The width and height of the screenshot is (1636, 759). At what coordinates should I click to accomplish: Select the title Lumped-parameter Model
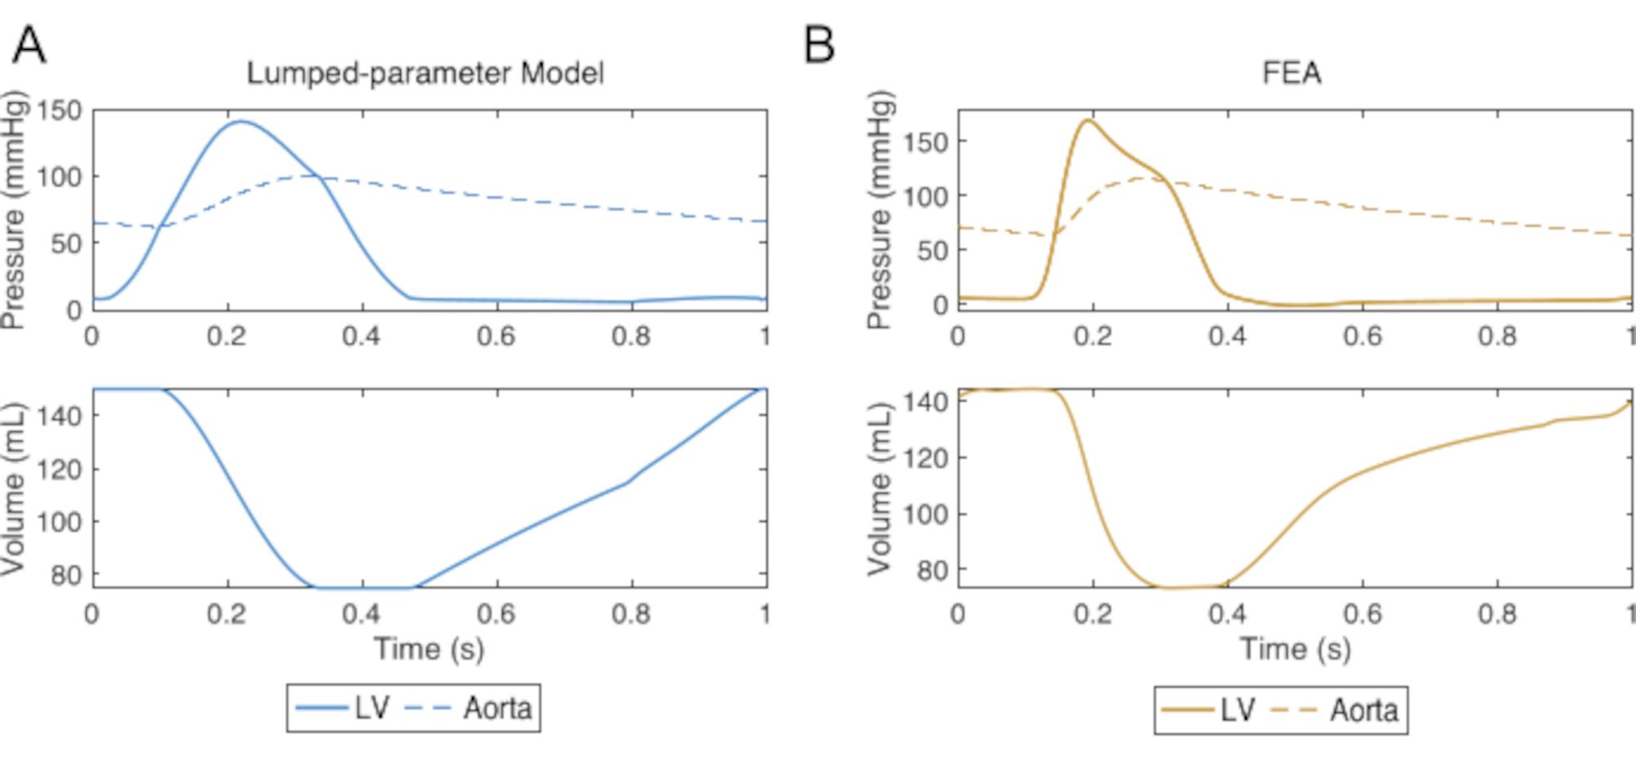tap(425, 74)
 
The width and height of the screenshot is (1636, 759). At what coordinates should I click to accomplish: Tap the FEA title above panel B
tap(1291, 74)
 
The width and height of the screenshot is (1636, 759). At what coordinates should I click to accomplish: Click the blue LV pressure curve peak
tap(240, 122)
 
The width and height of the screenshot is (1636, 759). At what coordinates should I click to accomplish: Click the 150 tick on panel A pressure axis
tap(60, 110)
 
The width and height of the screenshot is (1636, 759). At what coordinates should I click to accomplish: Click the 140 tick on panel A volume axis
tap(60, 415)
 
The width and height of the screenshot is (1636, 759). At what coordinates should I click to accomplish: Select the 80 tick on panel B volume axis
tap(932, 569)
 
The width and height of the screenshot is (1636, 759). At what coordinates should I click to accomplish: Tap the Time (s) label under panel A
tap(429, 649)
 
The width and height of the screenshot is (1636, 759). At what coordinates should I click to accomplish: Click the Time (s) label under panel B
tap(1295, 649)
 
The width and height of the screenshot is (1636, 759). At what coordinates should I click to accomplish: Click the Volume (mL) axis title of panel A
tap(14, 488)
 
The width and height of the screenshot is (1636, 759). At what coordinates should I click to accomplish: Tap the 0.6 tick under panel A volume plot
tap(497, 613)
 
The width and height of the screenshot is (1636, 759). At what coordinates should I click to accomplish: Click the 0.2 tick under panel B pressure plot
tap(1093, 336)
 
